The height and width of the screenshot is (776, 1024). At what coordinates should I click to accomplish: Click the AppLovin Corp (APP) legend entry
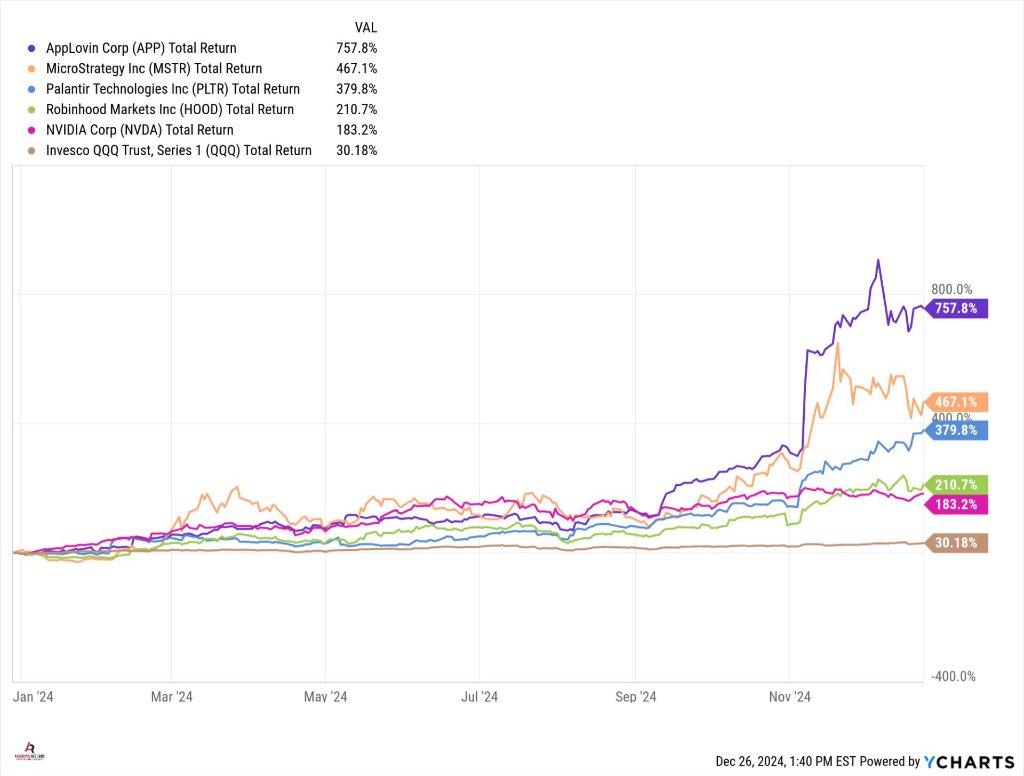point(141,47)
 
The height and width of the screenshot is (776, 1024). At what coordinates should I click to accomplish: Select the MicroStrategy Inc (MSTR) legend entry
point(154,68)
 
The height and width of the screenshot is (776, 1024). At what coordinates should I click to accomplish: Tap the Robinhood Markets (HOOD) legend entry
point(170,109)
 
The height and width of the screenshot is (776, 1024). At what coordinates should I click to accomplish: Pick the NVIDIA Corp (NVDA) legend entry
point(139,130)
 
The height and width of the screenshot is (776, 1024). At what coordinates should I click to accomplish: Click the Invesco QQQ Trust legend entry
point(178,150)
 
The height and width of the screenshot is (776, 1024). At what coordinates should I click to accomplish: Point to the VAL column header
point(366,26)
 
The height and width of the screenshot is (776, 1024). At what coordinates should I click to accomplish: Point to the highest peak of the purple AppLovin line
point(877,260)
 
